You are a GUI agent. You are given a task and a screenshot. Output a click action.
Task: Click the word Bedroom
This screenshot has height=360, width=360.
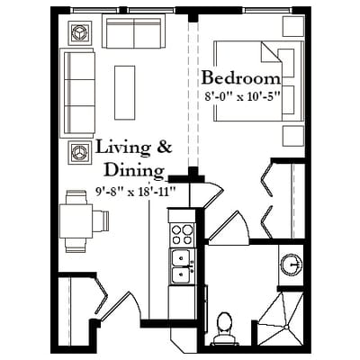(x=241, y=78)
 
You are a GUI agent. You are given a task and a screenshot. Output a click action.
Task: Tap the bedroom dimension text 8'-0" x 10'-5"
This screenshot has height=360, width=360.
(x=242, y=96)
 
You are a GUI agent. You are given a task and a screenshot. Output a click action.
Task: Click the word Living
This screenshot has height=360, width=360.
(x=122, y=148)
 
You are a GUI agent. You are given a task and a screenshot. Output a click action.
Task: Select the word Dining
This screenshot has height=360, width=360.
(x=134, y=171)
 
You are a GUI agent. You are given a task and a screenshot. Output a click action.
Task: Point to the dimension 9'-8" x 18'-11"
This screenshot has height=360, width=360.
(x=135, y=191)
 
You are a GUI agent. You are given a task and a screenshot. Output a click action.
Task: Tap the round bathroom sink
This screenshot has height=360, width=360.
(x=291, y=265)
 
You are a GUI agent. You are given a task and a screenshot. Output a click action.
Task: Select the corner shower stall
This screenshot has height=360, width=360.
(x=281, y=319)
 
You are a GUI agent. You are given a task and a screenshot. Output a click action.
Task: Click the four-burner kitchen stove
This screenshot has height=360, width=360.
(x=182, y=235)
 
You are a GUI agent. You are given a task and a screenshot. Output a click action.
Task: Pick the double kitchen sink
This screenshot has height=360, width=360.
(x=182, y=266)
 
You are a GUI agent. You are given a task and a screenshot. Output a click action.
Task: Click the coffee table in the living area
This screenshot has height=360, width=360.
(x=124, y=93)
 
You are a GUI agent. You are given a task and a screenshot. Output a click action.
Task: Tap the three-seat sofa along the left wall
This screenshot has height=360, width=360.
(x=77, y=93)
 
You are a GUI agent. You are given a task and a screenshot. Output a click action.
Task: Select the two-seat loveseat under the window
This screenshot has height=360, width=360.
(x=134, y=31)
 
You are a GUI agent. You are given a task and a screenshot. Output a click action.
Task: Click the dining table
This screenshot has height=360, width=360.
(x=76, y=220)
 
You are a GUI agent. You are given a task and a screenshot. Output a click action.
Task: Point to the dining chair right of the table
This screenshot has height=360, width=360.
(x=101, y=221)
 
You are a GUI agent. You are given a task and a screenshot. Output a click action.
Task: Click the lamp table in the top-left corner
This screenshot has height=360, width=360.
(x=80, y=33)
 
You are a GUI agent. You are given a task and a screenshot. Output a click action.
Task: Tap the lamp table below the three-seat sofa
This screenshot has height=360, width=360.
(x=80, y=152)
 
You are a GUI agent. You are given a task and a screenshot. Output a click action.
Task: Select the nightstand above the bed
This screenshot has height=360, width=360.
(x=293, y=26)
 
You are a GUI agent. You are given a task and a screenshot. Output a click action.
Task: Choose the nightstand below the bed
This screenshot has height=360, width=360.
(x=293, y=136)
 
